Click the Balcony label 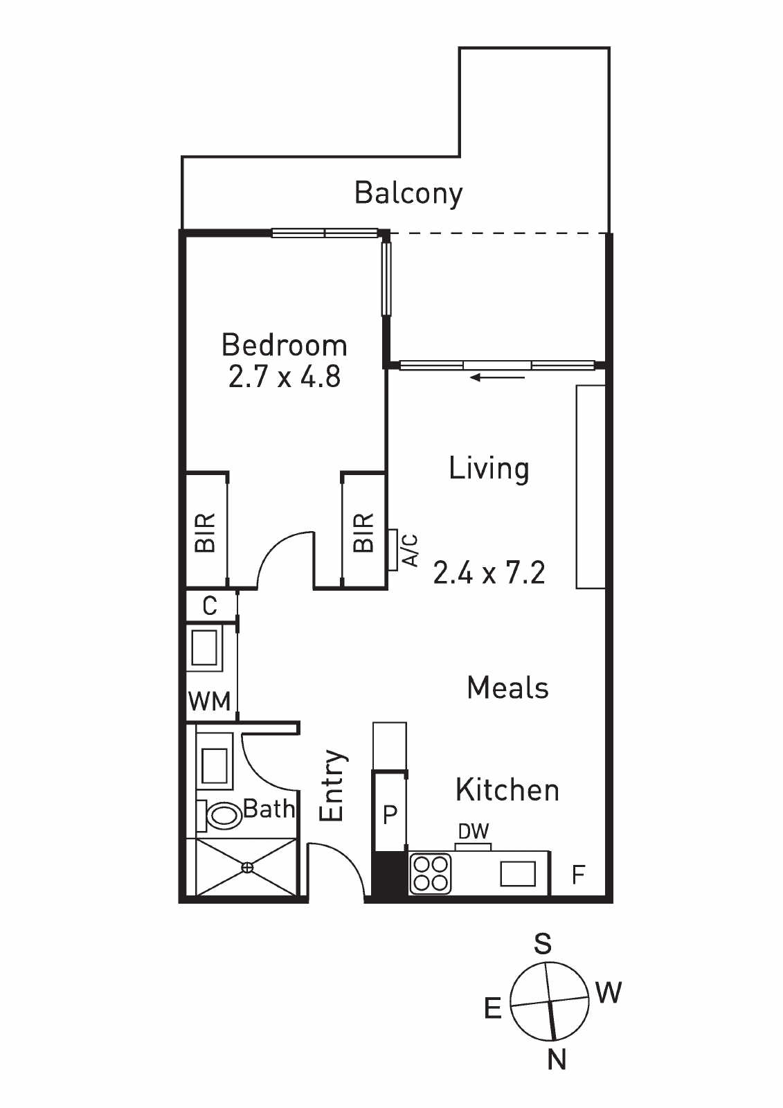click(x=408, y=194)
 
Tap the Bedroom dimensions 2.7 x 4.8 click(x=285, y=377)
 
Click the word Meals click(x=507, y=688)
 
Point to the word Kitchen click(x=507, y=790)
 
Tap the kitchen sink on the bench click(x=518, y=873)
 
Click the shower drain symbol click(x=247, y=867)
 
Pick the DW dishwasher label click(x=474, y=832)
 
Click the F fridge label click(x=578, y=875)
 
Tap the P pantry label click(x=390, y=813)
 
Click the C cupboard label click(x=210, y=605)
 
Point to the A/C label click(x=411, y=550)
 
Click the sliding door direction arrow click(x=497, y=378)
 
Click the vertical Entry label click(x=332, y=786)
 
